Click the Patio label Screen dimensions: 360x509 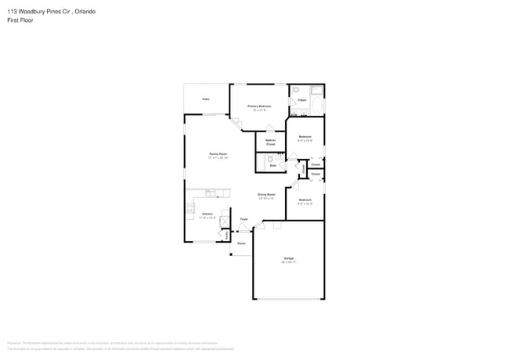pos(206,99)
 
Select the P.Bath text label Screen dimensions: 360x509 pos(301,100)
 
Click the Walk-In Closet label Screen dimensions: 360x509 pos(270,142)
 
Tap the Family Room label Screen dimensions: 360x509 pos(218,154)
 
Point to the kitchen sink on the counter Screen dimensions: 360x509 pos(211,193)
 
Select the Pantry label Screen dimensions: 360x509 pos(226,234)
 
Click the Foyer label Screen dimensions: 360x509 pos(244,220)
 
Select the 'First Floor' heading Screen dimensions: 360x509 pos(21,20)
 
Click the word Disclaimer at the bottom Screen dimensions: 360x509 pos(14,342)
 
